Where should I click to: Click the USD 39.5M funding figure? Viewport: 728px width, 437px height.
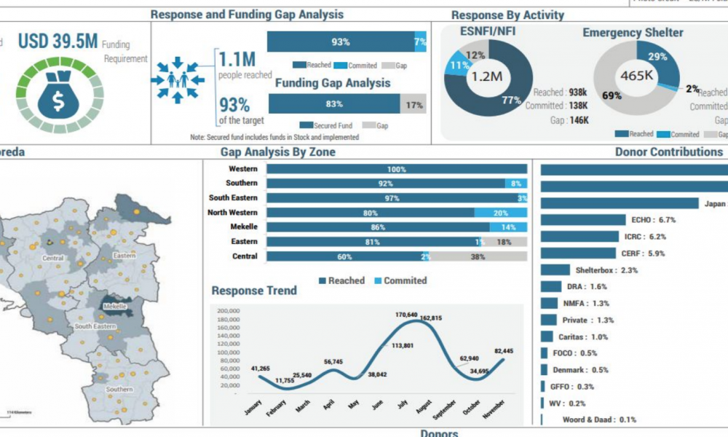58,42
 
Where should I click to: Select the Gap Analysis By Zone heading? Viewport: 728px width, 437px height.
277,152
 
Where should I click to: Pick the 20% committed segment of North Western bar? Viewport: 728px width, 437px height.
500,213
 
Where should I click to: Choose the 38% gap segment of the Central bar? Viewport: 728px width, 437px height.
478,256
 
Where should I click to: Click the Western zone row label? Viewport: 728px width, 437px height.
242,169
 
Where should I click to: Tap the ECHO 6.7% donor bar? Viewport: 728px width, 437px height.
583,219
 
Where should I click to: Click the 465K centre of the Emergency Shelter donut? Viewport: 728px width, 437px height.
636,75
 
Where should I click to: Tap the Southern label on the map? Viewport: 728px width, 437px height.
119,389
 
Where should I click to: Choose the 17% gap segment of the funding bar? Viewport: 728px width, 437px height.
414,105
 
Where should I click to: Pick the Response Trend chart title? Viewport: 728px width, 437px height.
254,291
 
